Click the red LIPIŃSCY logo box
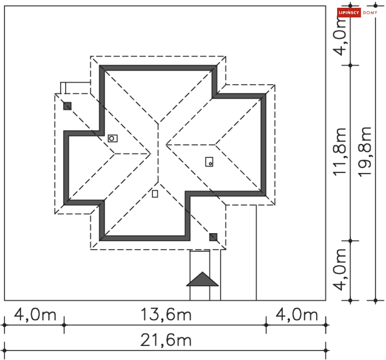(349, 12)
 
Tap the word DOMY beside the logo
(370, 12)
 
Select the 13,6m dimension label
(166, 315)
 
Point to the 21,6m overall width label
(166, 340)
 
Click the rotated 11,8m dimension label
(339, 152)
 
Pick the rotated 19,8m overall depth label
(365, 152)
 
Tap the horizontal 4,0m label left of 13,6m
(35, 315)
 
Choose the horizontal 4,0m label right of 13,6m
(297, 315)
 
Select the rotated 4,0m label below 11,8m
(339, 270)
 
